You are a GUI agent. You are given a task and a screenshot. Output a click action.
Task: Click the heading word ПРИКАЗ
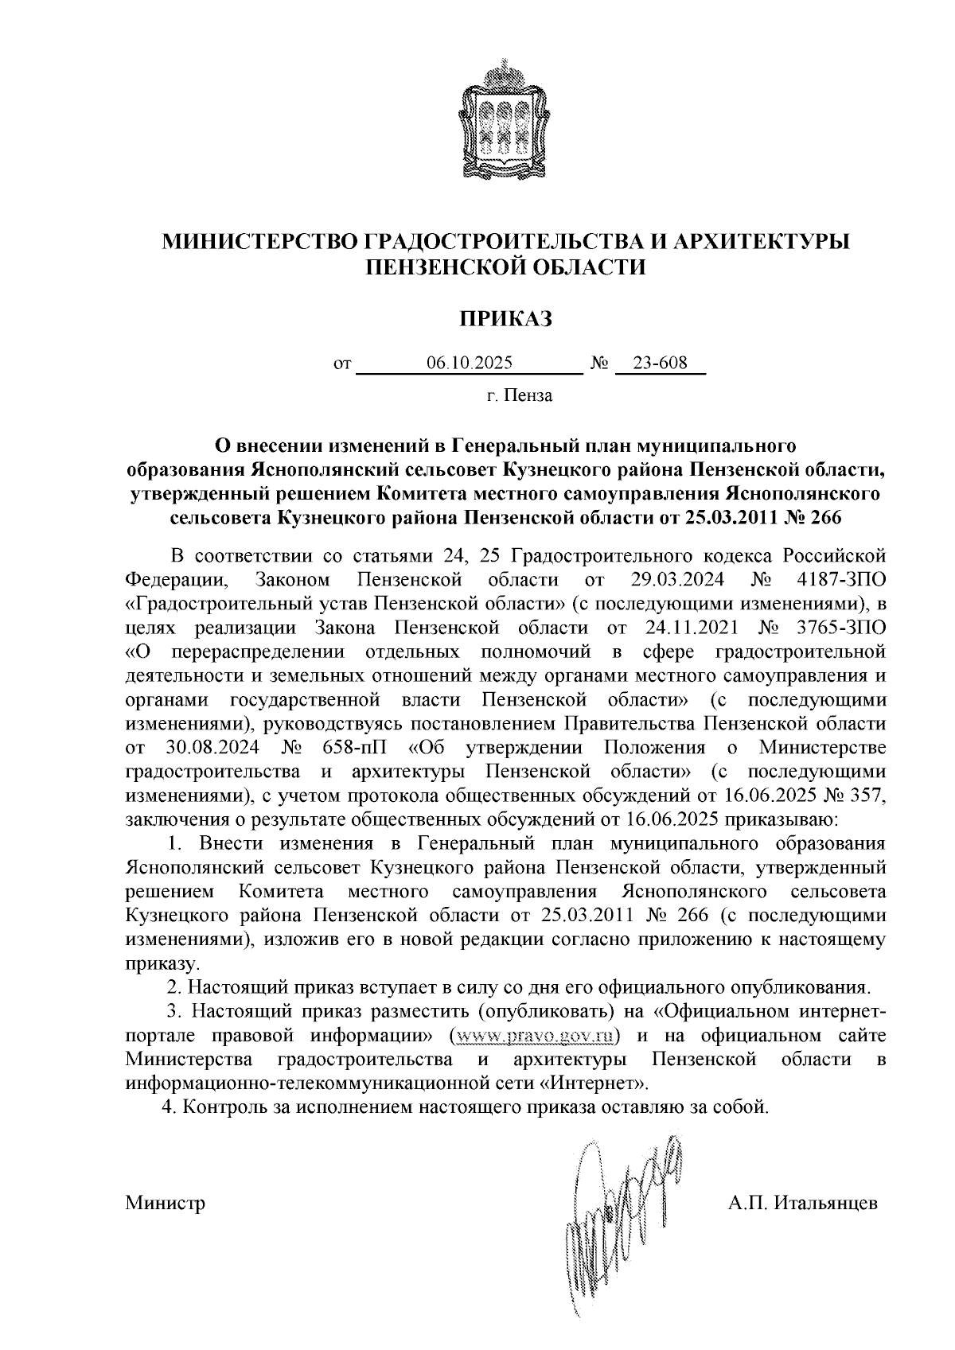coord(505,318)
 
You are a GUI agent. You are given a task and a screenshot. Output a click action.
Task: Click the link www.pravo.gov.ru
coord(535,1036)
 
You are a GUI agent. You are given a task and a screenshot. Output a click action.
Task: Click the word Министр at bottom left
coord(166,1202)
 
